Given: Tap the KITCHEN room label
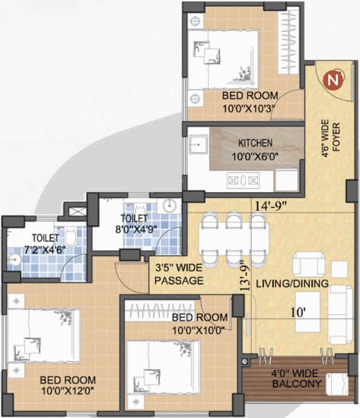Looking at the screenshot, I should coord(255,144).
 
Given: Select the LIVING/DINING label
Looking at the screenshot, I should coord(292,284).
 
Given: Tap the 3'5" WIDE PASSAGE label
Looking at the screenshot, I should coord(179,275).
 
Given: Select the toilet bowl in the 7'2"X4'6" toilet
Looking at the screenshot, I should coord(70,237).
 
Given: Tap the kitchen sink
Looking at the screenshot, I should coord(197,145).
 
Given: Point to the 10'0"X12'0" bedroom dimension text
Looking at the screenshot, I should coord(68,385).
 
